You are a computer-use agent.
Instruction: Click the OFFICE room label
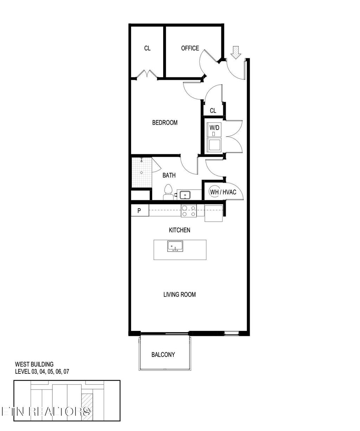point(190,48)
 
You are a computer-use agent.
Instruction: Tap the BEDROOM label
point(165,123)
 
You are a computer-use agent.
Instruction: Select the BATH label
point(169,175)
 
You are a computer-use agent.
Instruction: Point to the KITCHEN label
point(180,230)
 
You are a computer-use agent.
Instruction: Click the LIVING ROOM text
point(180,295)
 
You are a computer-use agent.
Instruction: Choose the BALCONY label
point(163,355)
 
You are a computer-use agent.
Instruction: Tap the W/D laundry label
point(214,128)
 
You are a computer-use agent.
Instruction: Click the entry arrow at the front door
point(236,52)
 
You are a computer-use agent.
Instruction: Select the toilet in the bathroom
point(168,192)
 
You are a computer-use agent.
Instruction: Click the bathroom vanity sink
point(185,195)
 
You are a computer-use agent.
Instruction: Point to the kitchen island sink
point(175,246)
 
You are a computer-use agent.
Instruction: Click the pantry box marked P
point(140,211)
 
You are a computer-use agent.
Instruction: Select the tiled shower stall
point(141,172)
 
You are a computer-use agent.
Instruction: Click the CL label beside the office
point(147,48)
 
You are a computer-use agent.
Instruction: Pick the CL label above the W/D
point(213,111)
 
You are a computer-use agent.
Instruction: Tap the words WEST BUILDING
point(34,364)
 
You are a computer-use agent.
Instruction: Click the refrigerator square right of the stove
point(213,213)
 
